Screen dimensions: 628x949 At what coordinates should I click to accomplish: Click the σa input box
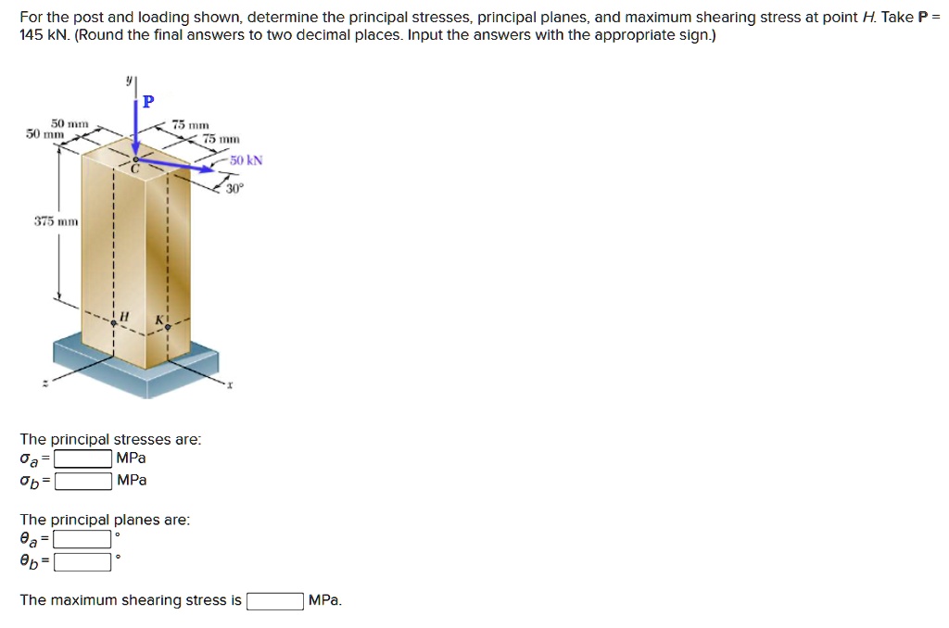coord(83,458)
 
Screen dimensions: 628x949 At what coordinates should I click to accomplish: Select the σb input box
coord(83,481)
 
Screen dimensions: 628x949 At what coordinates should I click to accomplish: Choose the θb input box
coord(83,561)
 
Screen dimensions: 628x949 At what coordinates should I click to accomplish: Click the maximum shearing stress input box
coord(274,601)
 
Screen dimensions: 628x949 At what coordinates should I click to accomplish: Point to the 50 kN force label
coord(247,160)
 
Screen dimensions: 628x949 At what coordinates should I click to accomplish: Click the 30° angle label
coord(235,189)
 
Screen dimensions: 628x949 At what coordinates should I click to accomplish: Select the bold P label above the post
coord(148,101)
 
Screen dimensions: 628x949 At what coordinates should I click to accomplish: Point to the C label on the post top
coord(133,169)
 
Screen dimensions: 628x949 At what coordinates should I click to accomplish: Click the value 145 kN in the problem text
coord(41,34)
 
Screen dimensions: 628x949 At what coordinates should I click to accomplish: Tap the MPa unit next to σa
coord(131,458)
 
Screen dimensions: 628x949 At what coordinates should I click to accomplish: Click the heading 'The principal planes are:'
coord(105,521)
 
